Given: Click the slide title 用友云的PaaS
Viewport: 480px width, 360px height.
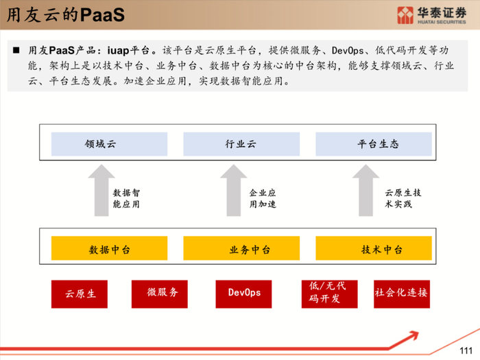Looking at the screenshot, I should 66,15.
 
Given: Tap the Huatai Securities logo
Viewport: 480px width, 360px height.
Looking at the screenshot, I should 431,14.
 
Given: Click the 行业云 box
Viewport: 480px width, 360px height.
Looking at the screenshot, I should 241,145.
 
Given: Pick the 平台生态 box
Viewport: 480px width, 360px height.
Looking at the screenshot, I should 373,145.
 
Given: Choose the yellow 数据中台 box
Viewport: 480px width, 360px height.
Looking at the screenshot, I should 109,249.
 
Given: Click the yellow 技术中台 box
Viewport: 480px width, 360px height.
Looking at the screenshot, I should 373,249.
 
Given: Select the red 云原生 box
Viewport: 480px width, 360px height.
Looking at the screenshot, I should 81,293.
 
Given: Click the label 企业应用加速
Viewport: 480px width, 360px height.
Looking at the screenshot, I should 262,198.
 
